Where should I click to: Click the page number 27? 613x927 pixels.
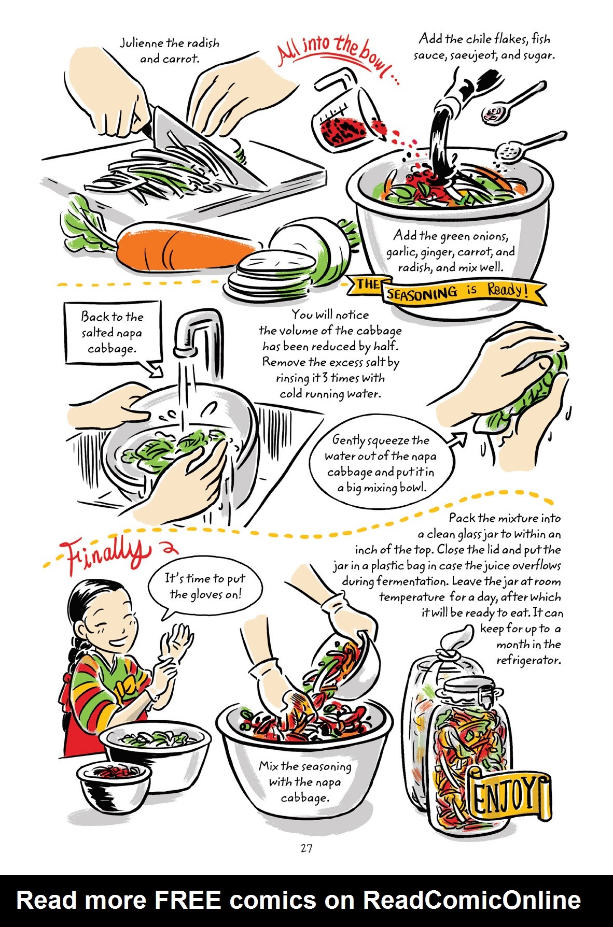pyautogui.click(x=306, y=849)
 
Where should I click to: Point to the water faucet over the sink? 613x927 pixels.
pyautogui.click(x=200, y=332)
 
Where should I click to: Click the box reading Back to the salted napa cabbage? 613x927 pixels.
pyautogui.click(x=112, y=333)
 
